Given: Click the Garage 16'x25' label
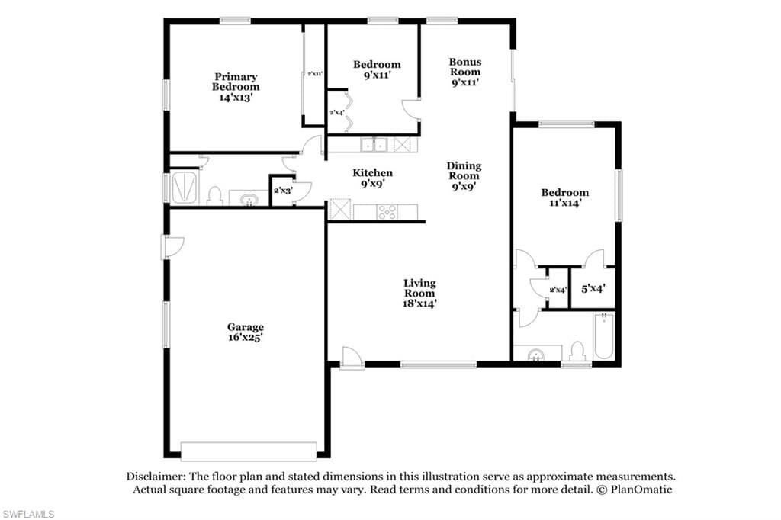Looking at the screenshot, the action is [245, 332].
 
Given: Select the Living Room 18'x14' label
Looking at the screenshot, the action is [419, 294].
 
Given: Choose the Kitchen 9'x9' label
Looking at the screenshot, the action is [372, 178].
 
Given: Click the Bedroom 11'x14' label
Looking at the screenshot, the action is [565, 197].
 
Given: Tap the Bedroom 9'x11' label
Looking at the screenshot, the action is [377, 69].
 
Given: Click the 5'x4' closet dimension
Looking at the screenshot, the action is [593, 288].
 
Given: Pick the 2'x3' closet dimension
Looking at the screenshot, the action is [282, 191].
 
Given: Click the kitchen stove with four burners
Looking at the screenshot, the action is [387, 212].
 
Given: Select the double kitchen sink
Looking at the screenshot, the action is [374, 145].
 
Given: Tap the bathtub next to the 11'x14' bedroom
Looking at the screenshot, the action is [604, 335].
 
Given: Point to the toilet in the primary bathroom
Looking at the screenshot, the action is [214, 196].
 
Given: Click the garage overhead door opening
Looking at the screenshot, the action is [249, 451].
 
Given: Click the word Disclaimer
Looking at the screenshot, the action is [154, 477].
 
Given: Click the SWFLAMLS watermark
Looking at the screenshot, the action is [28, 514].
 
